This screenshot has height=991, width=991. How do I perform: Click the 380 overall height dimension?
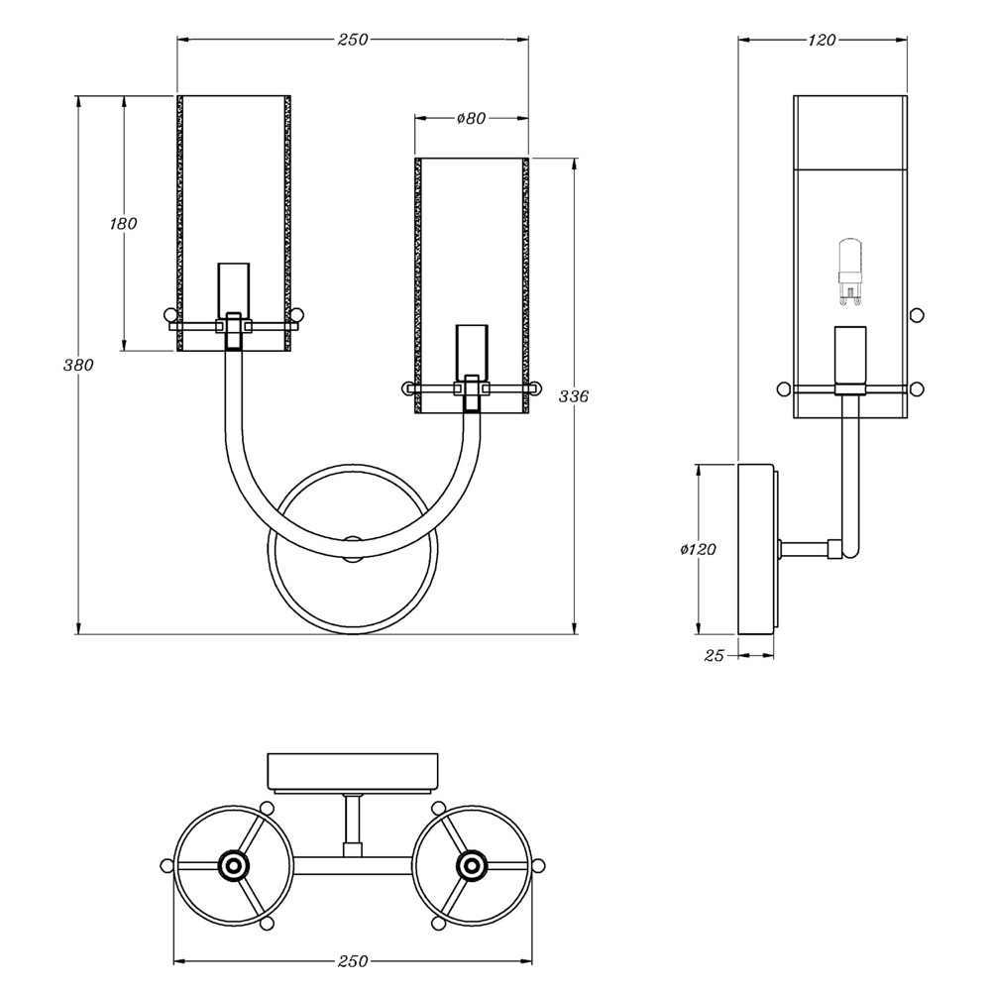coord(78,365)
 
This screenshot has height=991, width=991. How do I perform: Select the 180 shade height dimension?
coord(123,224)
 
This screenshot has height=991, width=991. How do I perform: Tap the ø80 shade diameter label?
coord(471,118)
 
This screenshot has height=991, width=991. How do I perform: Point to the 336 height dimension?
coord(575,396)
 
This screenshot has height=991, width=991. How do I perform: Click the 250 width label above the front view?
coord(352,40)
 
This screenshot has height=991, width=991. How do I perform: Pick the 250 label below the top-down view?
coord(352,960)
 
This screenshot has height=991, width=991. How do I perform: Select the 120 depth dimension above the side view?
coord(823,40)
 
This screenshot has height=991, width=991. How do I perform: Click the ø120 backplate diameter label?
coord(698,549)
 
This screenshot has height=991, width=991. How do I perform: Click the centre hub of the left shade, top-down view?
coord(233,865)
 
